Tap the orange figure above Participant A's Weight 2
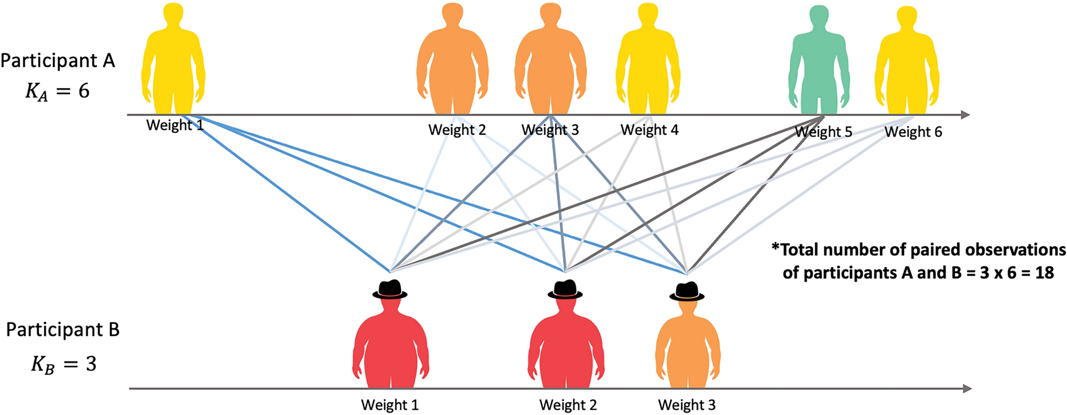[452, 61]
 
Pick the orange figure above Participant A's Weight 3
[550, 61]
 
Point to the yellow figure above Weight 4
[648, 61]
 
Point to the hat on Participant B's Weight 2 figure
[565, 289]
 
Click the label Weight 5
[823, 132]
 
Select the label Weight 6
[913, 132]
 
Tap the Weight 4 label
[649, 129]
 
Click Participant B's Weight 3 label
[686, 405]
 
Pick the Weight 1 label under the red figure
[390, 405]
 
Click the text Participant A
[58, 61]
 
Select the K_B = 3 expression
[64, 365]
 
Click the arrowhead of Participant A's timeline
[965, 115]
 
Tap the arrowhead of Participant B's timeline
[967, 388]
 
